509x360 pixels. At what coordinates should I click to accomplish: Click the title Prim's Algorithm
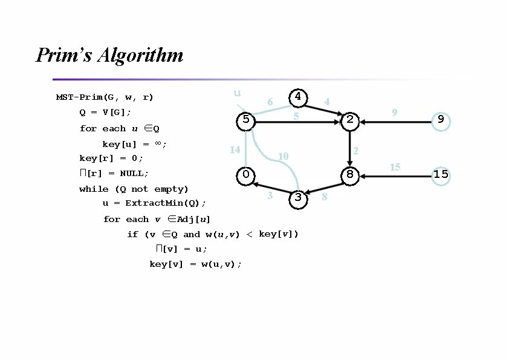pos(109,56)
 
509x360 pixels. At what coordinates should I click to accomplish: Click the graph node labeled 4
pos(298,97)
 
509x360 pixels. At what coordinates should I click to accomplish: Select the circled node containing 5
pos(245,120)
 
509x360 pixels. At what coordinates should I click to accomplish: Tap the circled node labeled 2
pos(350,120)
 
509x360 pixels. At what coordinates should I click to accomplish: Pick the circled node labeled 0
pos(245,175)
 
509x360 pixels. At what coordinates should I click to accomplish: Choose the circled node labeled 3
pos(298,198)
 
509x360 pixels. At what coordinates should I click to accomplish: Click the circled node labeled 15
pos(441,175)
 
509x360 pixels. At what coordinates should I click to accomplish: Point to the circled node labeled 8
pos(350,175)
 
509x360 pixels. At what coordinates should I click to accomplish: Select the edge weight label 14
pos(236,149)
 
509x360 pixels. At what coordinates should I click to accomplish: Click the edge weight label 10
pos(282,157)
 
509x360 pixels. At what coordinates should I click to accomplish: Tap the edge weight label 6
pos(270,102)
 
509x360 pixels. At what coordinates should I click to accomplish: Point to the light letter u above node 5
pos(238,93)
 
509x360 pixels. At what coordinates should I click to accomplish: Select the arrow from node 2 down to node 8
pos(350,147)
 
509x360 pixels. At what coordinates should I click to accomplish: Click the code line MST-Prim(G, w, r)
pos(105,97)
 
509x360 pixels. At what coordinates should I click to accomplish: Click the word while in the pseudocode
pos(94,189)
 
